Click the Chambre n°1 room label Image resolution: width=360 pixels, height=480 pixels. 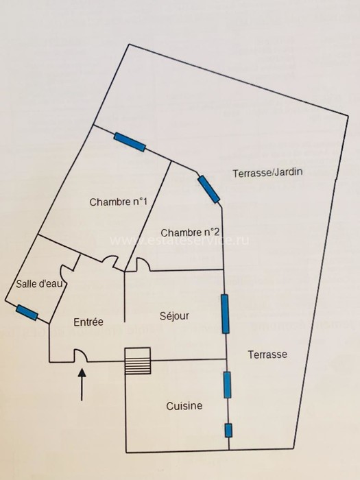click(x=118, y=202)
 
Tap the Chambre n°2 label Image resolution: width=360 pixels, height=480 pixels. click(x=190, y=232)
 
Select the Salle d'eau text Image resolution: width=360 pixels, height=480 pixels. click(x=39, y=283)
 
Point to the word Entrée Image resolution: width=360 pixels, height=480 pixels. click(x=88, y=322)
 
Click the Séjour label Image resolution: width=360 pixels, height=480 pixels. click(x=174, y=316)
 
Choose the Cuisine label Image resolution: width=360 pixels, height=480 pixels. click(x=184, y=406)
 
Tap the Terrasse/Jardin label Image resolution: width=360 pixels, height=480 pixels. click(x=267, y=172)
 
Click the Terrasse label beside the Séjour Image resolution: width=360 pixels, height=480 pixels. click(x=267, y=355)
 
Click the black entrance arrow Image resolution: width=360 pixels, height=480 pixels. click(x=82, y=385)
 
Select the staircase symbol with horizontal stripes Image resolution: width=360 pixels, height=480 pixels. click(x=138, y=361)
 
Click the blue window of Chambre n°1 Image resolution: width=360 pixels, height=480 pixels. click(x=130, y=142)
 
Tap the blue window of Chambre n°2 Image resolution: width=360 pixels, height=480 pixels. click(x=208, y=189)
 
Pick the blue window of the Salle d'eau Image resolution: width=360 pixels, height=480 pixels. click(x=27, y=313)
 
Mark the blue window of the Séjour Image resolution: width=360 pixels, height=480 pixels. click(x=225, y=314)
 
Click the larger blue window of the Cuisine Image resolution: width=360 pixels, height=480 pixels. click(x=227, y=385)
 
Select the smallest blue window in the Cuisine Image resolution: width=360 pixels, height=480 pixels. click(x=228, y=430)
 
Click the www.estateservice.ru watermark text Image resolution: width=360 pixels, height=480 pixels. click(x=180, y=241)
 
